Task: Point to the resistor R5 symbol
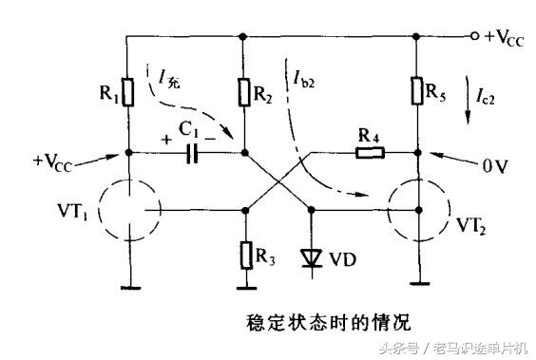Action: pos(417,91)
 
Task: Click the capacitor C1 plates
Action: pos(193,151)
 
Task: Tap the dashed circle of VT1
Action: pos(127,208)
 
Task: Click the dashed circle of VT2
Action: pos(417,208)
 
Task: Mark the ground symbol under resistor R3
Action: pos(245,283)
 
